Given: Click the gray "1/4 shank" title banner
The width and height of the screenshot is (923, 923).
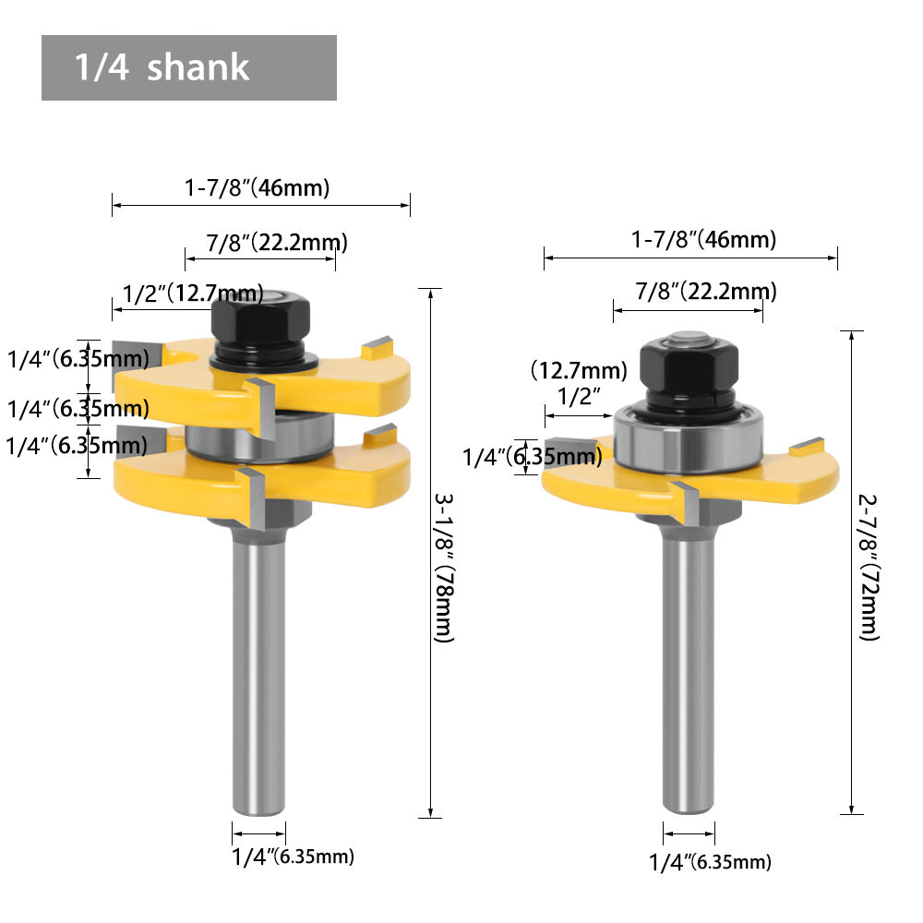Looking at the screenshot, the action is (x=189, y=67).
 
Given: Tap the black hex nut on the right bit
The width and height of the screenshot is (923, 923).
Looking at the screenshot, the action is (x=689, y=368).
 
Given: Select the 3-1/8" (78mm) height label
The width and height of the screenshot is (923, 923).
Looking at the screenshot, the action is (x=445, y=568).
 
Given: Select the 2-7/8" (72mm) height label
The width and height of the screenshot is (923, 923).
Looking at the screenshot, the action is (x=869, y=568).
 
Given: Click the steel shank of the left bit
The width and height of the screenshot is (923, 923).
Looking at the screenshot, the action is (x=259, y=671).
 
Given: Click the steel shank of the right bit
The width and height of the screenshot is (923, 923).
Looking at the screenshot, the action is (x=689, y=671).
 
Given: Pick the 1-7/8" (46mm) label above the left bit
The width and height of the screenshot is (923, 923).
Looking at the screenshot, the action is (x=257, y=187).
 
